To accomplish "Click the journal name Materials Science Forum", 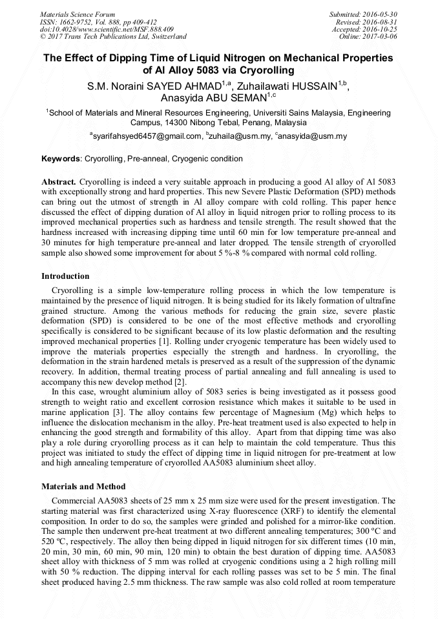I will (78, 14).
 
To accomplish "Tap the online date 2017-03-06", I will (381, 37).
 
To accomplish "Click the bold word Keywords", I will (61, 159).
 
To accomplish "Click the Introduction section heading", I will (65, 276).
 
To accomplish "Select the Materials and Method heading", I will (83, 486).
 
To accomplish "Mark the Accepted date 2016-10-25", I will (381, 29).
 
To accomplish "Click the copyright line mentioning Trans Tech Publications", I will (113, 37).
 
